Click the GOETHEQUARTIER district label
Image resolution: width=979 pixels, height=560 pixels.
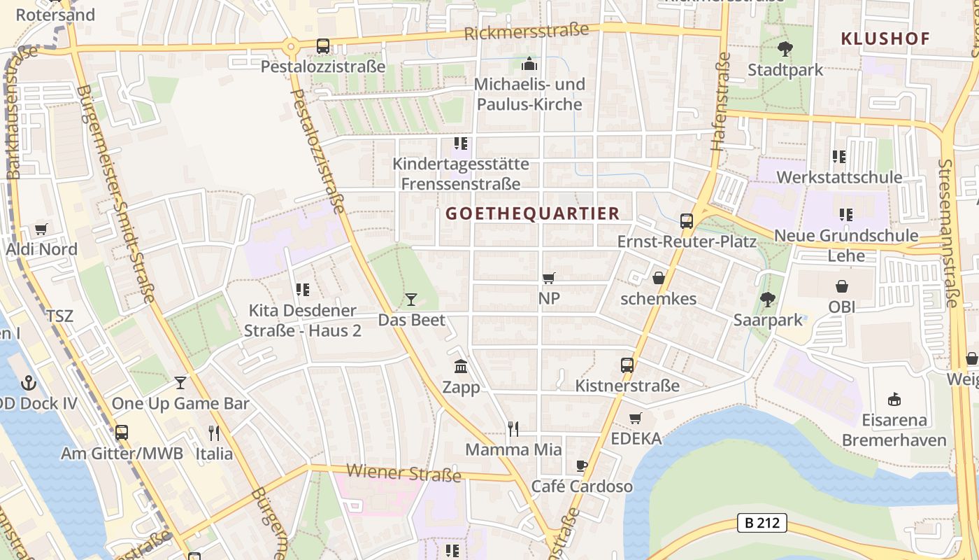click(532, 213)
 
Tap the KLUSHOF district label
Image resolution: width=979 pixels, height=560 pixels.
click(885, 38)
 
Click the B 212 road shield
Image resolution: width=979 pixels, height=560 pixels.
click(762, 523)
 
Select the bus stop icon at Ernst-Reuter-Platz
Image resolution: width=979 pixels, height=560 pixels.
click(687, 221)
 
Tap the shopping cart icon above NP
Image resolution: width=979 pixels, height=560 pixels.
click(549, 278)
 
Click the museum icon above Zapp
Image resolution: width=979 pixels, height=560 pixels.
click(461, 366)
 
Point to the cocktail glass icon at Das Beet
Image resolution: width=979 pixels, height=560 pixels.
click(411, 300)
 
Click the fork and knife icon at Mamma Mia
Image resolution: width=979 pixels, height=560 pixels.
click(513, 428)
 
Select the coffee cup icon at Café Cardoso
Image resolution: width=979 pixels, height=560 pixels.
click(582, 465)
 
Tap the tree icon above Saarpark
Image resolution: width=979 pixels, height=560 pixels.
click(768, 300)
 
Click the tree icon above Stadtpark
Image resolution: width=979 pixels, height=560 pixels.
click(785, 49)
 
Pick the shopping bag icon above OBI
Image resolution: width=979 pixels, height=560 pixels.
click(842, 286)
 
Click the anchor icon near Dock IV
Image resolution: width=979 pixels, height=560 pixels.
click(29, 383)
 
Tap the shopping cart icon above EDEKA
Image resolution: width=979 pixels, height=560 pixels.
click(636, 418)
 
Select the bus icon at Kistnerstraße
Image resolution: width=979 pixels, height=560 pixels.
click(627, 365)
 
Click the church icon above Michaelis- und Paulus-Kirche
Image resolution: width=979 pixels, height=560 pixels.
click(529, 64)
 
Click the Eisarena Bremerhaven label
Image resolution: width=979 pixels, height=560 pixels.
click(894, 430)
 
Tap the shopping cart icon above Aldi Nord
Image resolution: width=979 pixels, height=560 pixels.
click(41, 229)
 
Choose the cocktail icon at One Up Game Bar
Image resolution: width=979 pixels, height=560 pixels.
click(180, 383)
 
